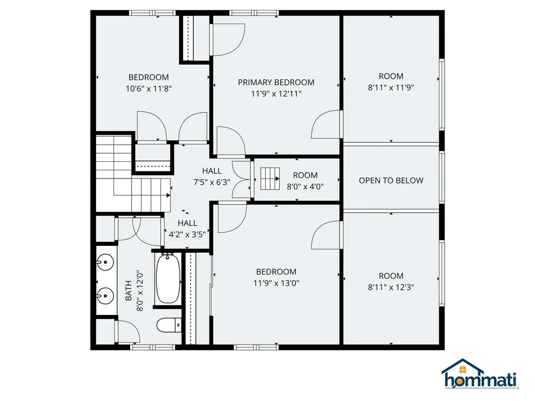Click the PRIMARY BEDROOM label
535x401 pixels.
pos(276,82)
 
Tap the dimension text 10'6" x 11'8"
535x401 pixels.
pos(149,89)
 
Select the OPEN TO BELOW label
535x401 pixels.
pos(391,181)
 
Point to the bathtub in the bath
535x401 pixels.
pos(168,278)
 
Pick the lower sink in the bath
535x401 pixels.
pos(106,296)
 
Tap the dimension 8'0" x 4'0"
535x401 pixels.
pos(305,185)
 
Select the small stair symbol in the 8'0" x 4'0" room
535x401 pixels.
pos(270,179)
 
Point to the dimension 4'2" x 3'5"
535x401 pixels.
pos(187,234)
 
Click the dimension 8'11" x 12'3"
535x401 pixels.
pos(391,287)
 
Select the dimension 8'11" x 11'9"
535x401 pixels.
pos(391,87)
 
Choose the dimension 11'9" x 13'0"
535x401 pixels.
pos(276,283)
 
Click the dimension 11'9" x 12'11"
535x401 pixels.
pos(276,93)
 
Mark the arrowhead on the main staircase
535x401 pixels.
pos(168,195)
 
